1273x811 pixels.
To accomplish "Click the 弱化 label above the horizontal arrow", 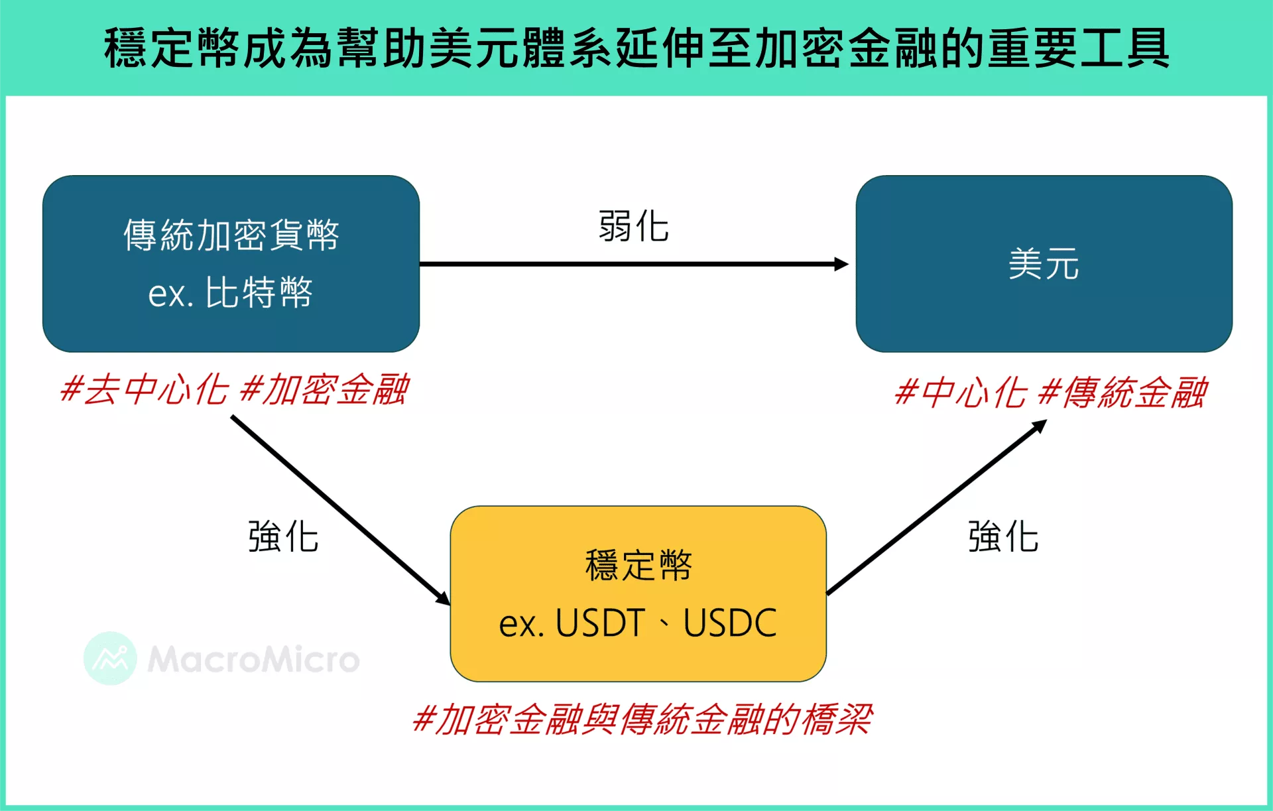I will tap(633, 226).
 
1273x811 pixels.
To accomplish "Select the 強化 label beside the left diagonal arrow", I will tap(283, 536).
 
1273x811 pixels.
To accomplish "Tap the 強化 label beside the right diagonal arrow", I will tap(1002, 536).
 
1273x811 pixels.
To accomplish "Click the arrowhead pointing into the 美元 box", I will tap(841, 264).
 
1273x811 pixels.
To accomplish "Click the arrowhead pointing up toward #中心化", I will tap(1040, 426).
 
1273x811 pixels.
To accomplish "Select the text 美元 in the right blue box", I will tap(1044, 264).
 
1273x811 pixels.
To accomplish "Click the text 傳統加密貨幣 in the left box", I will tap(231, 235).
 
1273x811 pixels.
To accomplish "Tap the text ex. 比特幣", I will tap(231, 292).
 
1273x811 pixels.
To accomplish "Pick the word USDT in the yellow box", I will tap(600, 623).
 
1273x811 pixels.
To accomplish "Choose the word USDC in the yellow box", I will tap(730, 623).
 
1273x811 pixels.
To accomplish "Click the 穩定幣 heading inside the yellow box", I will tap(638, 565).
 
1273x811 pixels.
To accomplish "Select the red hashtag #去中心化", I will tap(143, 389).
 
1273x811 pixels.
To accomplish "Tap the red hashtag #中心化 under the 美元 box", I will tap(960, 393).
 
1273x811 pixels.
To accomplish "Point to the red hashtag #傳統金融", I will tap(1122, 393).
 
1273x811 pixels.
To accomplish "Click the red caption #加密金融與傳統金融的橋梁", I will tap(642, 719).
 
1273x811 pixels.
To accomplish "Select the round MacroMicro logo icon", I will tap(110, 658).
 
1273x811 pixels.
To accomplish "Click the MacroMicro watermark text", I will tap(253, 659).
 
